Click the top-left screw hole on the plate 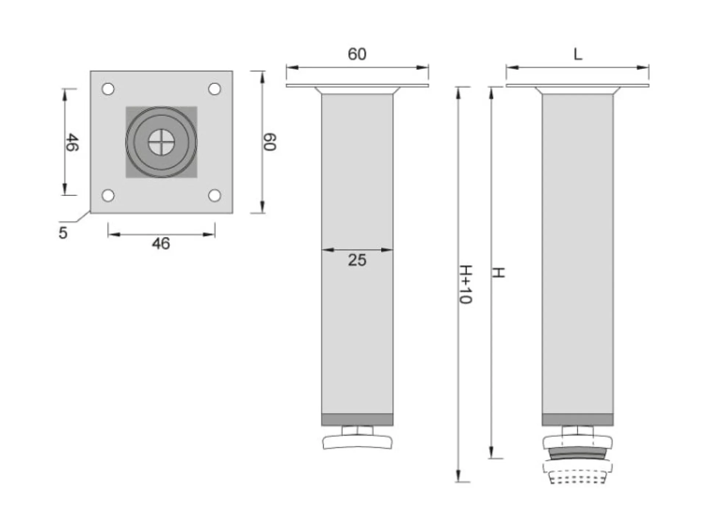pyautogui.click(x=108, y=89)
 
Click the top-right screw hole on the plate pyautogui.click(x=215, y=89)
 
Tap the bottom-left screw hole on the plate pyautogui.click(x=108, y=195)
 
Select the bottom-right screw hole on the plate pyautogui.click(x=215, y=195)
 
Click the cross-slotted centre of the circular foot pyautogui.click(x=161, y=142)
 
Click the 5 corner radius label pyautogui.click(x=63, y=233)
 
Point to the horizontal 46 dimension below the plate pyautogui.click(x=161, y=244)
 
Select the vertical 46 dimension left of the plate pyautogui.click(x=72, y=142)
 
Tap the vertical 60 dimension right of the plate pyautogui.click(x=270, y=142)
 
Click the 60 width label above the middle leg pyautogui.click(x=357, y=54)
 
